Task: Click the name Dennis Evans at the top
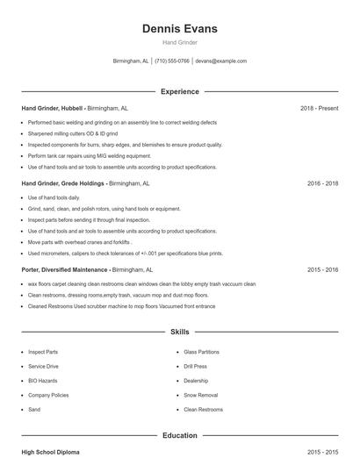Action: pos(180,29)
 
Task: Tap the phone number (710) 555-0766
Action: pos(172,61)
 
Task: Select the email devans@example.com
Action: pos(220,61)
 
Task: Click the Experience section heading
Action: pos(180,91)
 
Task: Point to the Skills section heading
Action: pos(180,333)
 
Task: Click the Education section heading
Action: pos(180,435)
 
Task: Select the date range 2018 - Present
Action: pos(319,108)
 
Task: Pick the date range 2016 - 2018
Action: pos(323,184)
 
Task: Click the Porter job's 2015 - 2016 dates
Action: pos(323,270)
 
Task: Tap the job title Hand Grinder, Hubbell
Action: pos(52,108)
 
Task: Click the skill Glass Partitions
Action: pos(201,352)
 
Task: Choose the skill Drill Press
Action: pos(195,366)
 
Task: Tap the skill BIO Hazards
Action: pos(43,381)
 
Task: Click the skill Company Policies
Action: pos(48,395)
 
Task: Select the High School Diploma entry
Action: pos(50,452)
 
